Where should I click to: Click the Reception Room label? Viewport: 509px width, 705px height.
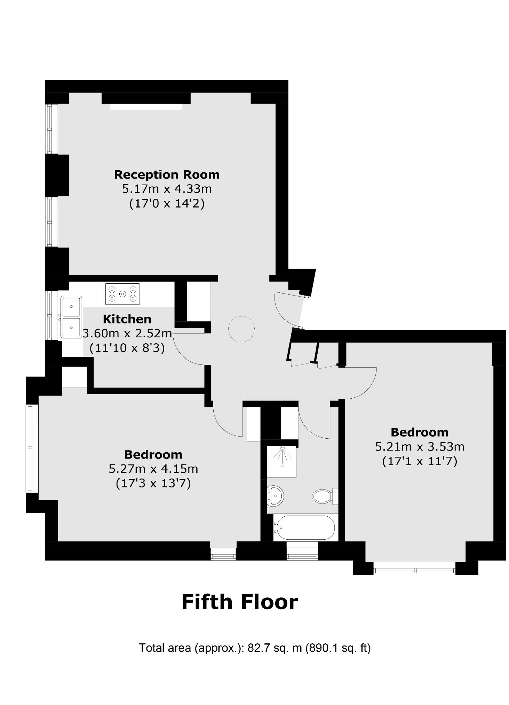click(167, 174)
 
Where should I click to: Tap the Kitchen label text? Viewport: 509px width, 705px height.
click(127, 319)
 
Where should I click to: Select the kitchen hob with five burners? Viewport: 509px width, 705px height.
click(122, 294)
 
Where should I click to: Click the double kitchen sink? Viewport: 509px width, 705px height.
click(71, 317)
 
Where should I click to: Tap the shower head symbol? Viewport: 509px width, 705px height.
click(283, 456)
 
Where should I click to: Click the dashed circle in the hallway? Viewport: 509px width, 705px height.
click(241, 329)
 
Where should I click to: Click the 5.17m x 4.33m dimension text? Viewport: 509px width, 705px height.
click(167, 189)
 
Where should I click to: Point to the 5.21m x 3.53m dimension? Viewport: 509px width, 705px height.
click(420, 447)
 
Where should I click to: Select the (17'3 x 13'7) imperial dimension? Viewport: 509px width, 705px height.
click(153, 484)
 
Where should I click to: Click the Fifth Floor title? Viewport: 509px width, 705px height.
click(239, 602)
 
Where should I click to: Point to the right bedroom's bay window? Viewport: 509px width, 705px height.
click(414, 571)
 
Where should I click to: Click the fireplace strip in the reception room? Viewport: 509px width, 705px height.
click(146, 107)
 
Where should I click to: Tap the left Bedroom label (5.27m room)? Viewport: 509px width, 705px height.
click(153, 454)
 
